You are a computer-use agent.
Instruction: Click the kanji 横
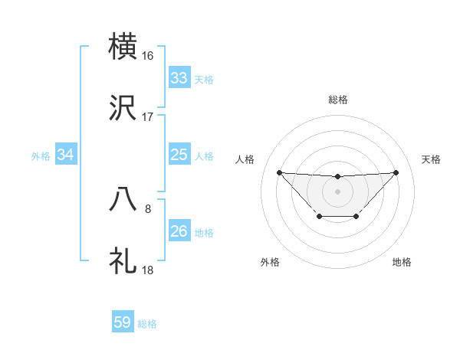[x=123, y=47]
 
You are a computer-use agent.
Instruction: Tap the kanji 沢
[x=123, y=108]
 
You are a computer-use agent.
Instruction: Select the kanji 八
[x=123, y=200]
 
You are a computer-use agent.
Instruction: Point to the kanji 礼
[x=123, y=261]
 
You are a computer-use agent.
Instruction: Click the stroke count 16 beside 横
[x=148, y=56]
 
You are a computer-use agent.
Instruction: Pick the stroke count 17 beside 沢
[x=148, y=117]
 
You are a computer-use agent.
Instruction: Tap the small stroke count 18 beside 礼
[x=148, y=270]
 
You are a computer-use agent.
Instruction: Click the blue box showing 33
[x=179, y=78]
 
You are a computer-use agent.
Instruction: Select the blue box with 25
[x=179, y=155]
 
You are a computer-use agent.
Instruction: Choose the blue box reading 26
[x=179, y=231]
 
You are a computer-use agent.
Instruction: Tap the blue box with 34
[x=65, y=155]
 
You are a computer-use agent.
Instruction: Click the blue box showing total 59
[x=122, y=322]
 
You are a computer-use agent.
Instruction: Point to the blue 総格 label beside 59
[x=147, y=324]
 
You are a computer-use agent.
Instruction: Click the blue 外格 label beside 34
[x=41, y=156]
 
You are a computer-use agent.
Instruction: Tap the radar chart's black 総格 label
[x=338, y=100]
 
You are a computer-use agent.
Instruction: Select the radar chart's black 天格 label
[x=432, y=159]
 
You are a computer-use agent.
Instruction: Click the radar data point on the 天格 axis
[x=396, y=172]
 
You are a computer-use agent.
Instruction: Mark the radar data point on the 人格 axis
[x=279, y=172]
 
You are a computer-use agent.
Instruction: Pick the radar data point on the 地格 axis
[x=356, y=217]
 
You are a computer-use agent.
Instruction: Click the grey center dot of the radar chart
[x=338, y=191]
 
